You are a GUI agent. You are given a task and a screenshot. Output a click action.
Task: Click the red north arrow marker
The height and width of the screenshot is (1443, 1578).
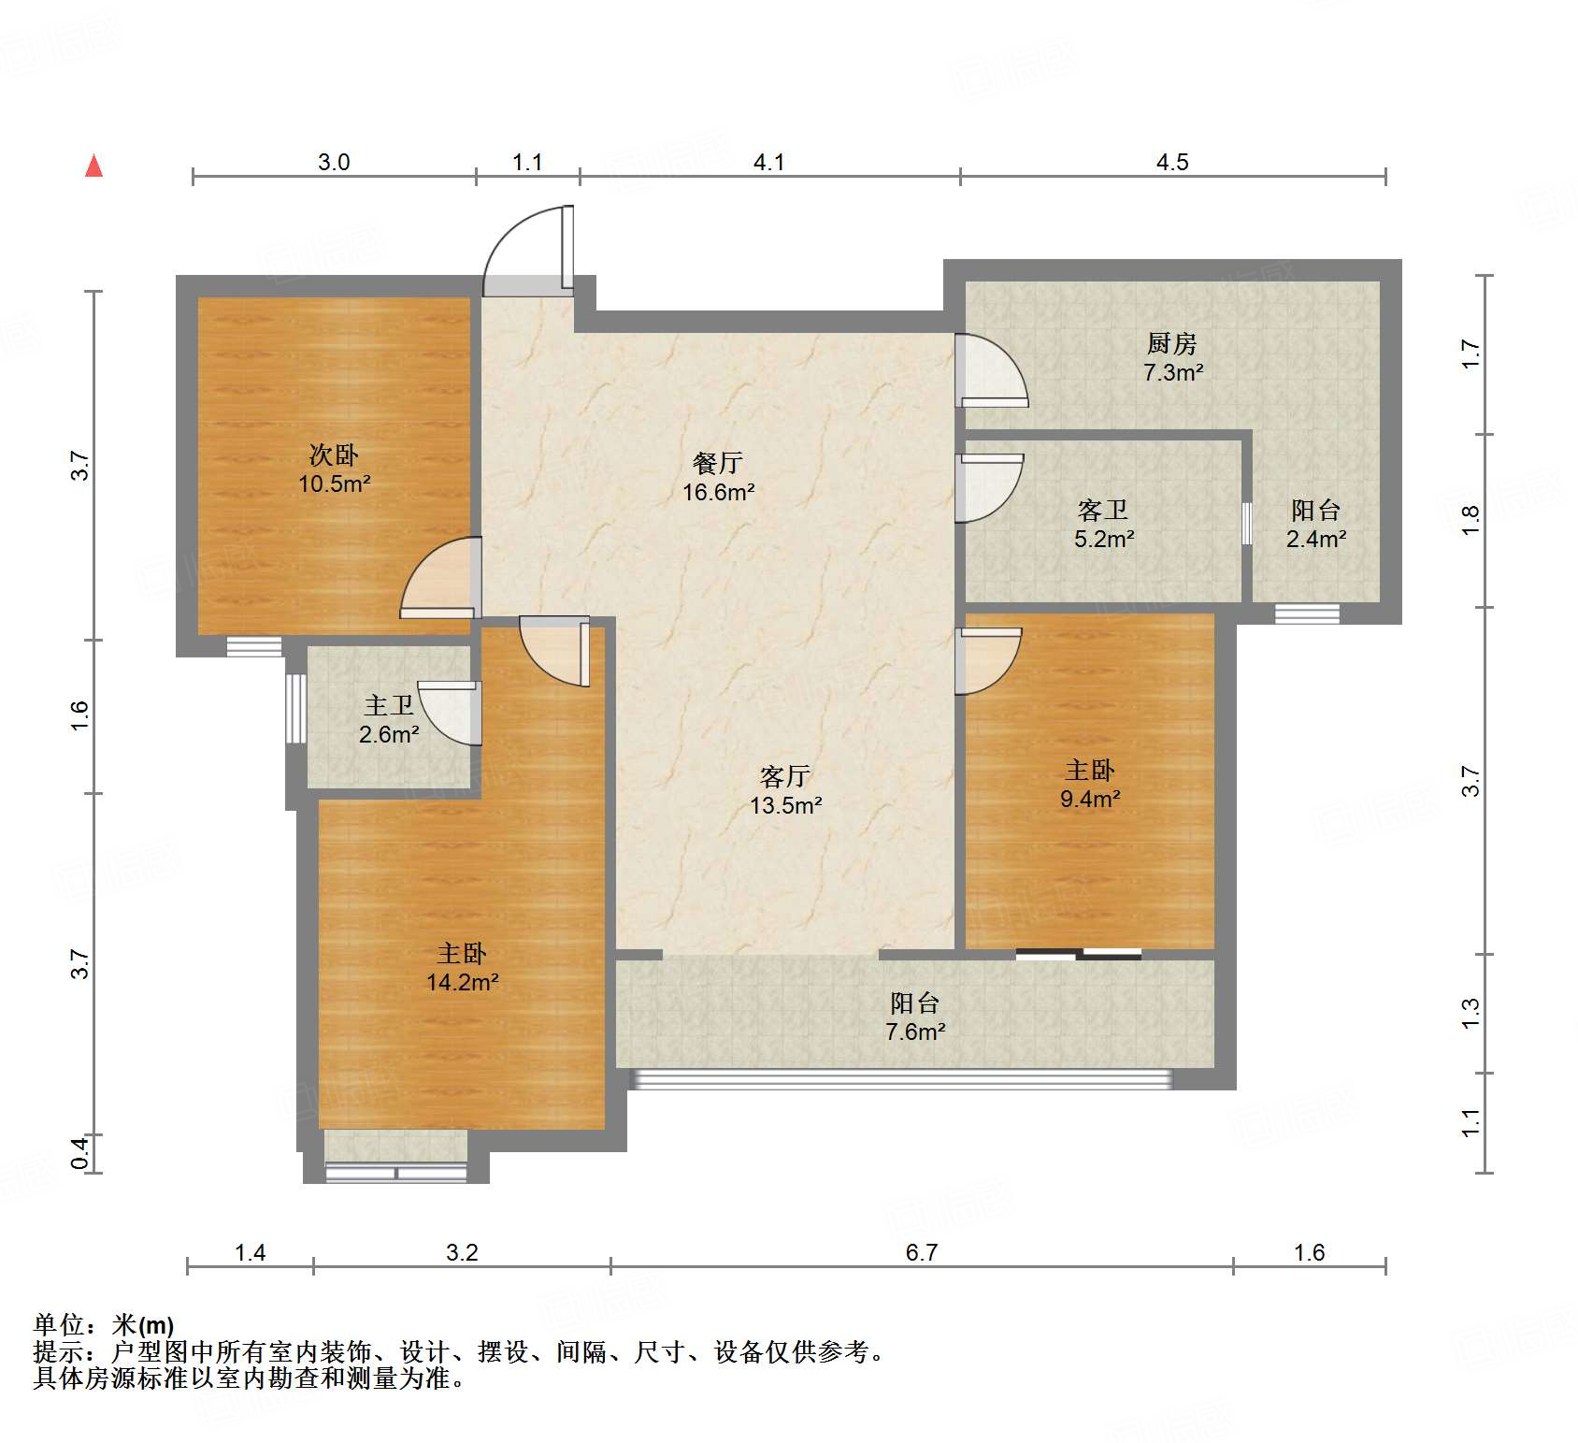[x=94, y=166]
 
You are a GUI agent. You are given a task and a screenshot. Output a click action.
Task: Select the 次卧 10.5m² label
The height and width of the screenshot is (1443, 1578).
[x=334, y=469]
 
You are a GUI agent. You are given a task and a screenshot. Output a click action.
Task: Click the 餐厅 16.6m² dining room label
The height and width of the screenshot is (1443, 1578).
[x=718, y=477]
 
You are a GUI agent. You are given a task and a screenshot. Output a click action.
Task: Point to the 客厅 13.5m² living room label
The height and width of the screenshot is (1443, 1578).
[x=785, y=790]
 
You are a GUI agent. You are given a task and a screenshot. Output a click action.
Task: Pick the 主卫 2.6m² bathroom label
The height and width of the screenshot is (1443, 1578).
[x=389, y=719]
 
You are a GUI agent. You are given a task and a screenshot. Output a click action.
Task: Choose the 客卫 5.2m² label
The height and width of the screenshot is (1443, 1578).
[x=1104, y=524]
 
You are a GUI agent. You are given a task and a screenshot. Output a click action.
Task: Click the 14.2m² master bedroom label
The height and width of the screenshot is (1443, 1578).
[x=462, y=967]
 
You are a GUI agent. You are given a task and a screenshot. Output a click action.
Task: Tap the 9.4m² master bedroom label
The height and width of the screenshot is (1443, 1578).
[x=1090, y=784]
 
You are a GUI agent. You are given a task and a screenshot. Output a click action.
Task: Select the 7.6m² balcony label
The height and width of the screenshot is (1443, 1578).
[x=915, y=1017]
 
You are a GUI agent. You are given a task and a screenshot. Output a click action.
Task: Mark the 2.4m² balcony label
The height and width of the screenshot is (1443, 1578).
[x=1316, y=524]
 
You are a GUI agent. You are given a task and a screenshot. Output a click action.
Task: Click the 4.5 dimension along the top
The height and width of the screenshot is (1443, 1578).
[x=1172, y=162]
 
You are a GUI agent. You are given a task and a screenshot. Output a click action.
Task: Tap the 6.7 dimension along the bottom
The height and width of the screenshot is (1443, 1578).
[x=922, y=1252]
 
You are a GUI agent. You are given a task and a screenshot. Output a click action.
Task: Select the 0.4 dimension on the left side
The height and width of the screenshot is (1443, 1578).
[x=80, y=1152]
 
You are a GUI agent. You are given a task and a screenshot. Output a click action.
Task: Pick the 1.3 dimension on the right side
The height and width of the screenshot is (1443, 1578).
[x=1470, y=1013]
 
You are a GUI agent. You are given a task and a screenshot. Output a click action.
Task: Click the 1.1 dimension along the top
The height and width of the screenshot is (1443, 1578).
[x=527, y=162]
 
